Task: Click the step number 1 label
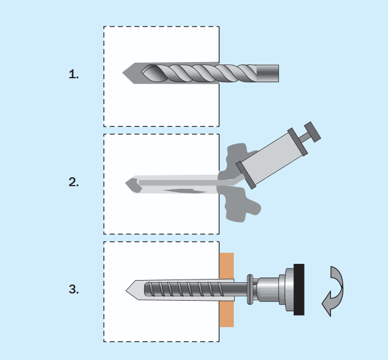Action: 74,74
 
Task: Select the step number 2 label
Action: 74,182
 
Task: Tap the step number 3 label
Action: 74,289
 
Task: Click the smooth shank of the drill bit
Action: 268,73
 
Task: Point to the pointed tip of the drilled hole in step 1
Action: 123,73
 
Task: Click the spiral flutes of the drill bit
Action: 199,73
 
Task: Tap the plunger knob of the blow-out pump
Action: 313,132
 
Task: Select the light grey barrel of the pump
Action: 272,158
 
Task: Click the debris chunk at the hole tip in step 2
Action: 134,185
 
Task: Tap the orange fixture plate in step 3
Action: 226,290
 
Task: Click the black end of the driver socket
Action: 299,290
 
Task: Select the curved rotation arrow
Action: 333,291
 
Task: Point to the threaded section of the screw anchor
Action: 184,289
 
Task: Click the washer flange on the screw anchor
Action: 250,289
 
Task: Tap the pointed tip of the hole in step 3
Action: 126,291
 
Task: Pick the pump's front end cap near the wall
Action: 246,175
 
